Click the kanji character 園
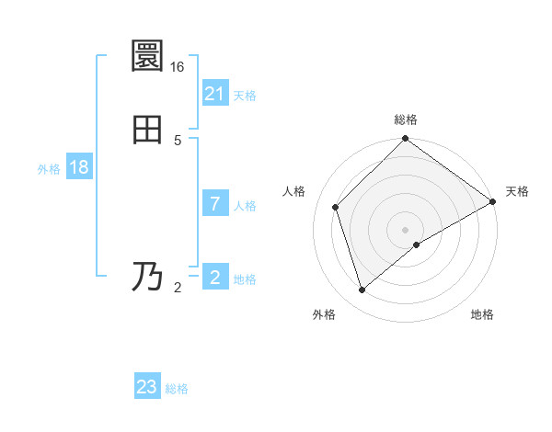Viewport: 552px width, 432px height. [147, 56]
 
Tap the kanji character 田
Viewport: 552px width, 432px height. [147, 130]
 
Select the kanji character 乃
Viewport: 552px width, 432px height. [147, 276]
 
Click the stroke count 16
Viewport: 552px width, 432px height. [177, 67]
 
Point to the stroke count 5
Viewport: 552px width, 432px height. [177, 141]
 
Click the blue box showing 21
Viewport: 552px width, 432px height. [215, 94]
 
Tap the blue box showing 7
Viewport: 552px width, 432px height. [215, 204]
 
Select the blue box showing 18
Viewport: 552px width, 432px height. [78, 167]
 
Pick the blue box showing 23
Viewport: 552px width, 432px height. [147, 387]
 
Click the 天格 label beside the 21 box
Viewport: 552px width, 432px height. [245, 95]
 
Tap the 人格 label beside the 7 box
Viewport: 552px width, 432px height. [245, 205]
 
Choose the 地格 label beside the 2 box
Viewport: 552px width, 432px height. [245, 279]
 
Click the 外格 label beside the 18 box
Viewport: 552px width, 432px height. [49, 168]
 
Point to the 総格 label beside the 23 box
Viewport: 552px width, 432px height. [177, 388]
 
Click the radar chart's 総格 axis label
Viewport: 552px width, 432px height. [406, 119]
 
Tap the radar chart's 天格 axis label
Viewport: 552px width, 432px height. [517, 191]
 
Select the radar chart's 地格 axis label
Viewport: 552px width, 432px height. [482, 314]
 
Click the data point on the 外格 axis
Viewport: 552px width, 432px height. [362, 290]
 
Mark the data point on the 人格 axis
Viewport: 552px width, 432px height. [336, 207]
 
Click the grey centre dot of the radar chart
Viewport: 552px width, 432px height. [406, 229]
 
